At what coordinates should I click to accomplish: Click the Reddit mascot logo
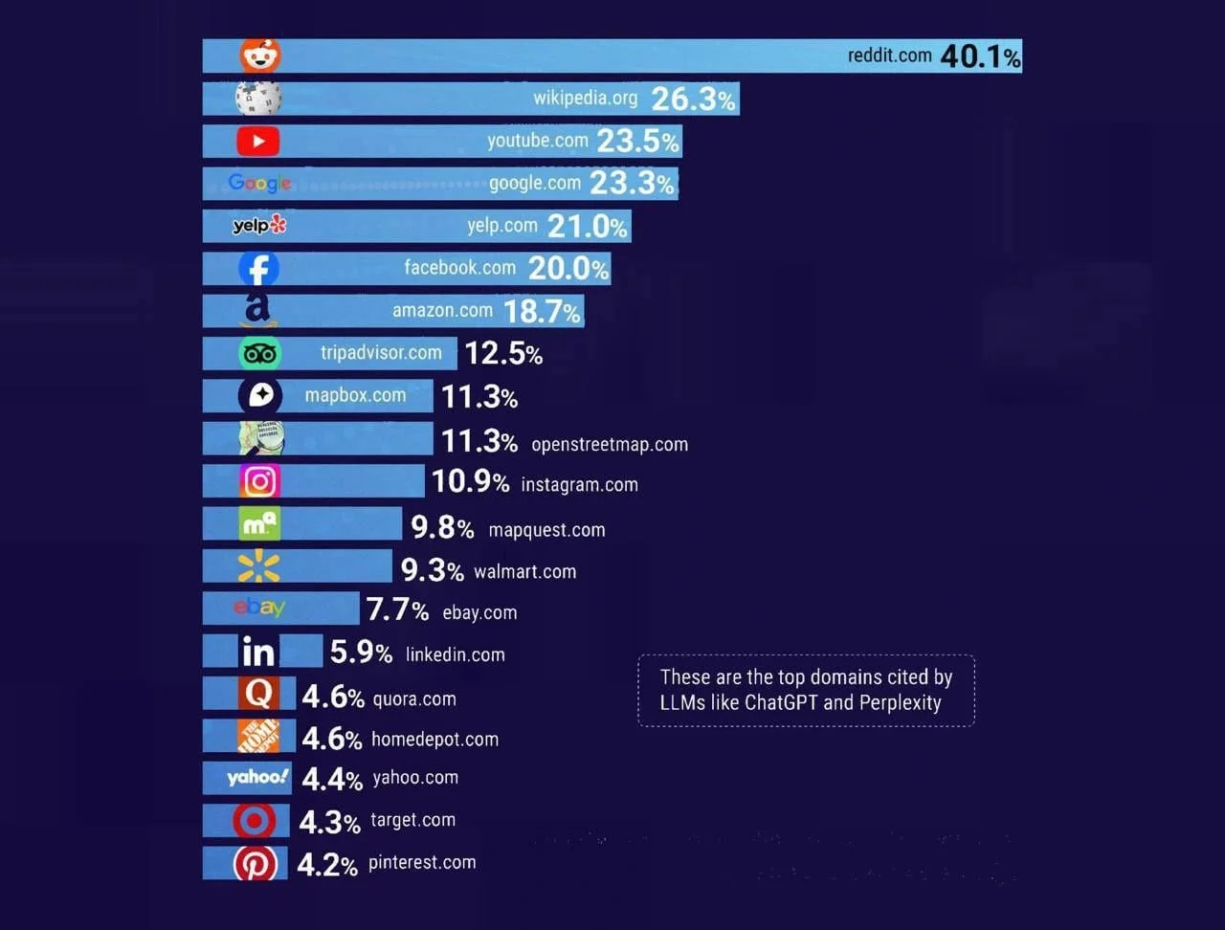point(259,55)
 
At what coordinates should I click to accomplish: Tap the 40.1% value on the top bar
point(980,56)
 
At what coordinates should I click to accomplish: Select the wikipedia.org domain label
point(585,98)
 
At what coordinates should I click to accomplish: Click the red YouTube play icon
point(258,141)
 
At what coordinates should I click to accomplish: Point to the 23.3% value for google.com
point(633,183)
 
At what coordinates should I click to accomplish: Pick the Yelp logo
point(259,226)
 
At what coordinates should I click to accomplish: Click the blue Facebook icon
point(259,269)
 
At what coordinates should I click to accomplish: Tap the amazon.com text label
point(442,310)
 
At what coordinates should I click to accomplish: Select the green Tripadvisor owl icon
point(259,353)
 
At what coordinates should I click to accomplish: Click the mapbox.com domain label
point(355,395)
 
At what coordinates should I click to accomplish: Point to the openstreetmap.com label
point(609,444)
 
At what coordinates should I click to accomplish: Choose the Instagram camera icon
point(259,481)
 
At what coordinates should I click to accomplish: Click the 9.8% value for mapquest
point(442,527)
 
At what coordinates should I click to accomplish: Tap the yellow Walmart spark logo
point(258,566)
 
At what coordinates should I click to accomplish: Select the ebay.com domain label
point(479,612)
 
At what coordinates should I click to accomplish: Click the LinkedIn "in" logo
point(257,652)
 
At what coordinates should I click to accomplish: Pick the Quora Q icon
point(258,693)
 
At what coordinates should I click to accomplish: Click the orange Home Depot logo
point(258,736)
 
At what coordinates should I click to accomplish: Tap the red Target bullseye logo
point(255,821)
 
